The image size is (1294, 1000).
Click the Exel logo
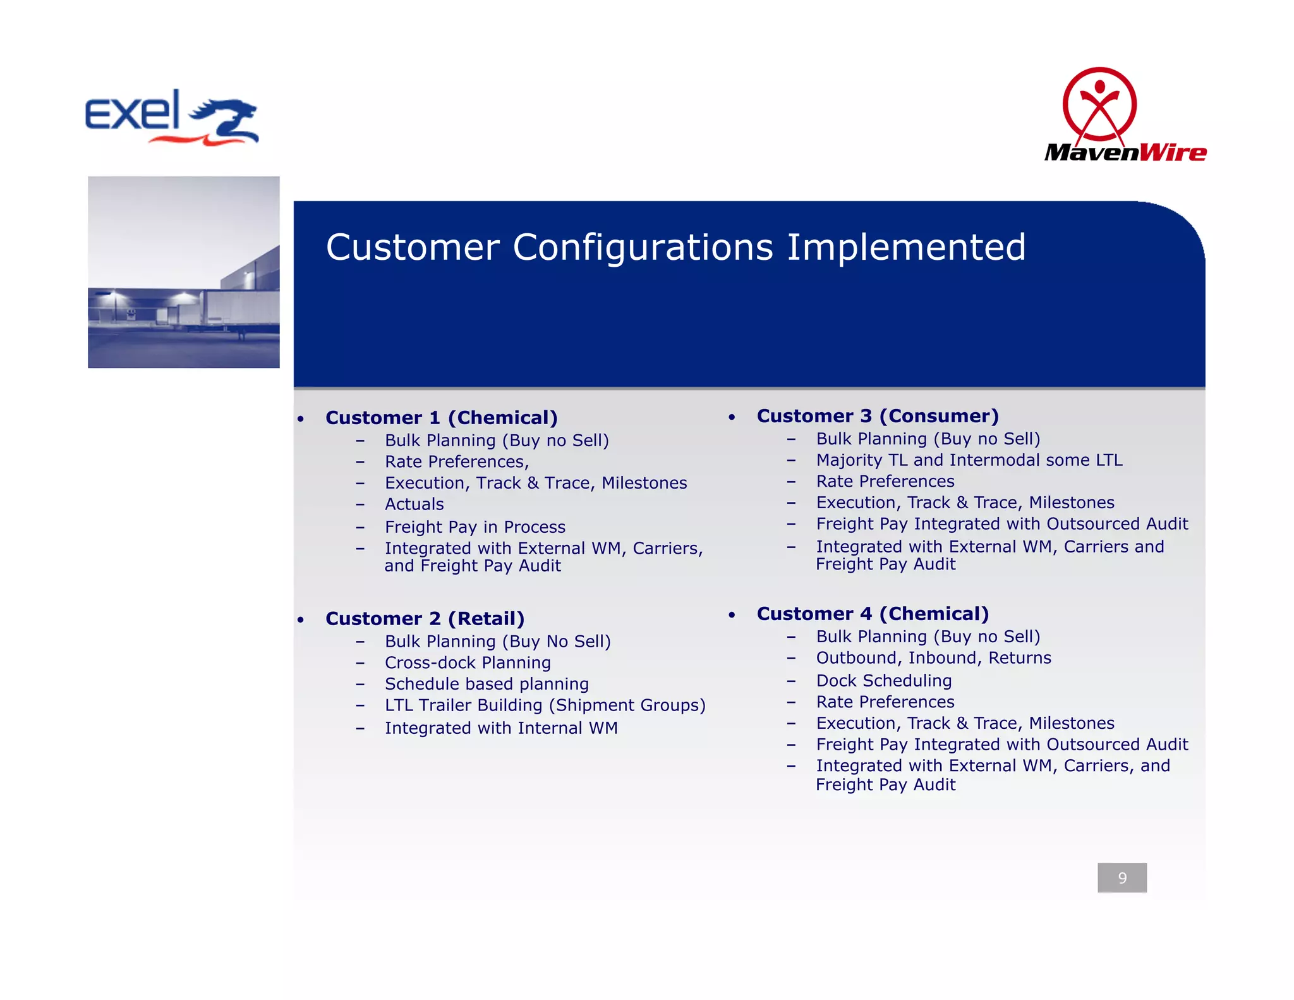(x=172, y=118)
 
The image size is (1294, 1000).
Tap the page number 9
(x=1122, y=877)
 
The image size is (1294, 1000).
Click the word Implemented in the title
(x=906, y=247)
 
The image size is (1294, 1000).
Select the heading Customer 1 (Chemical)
(x=441, y=418)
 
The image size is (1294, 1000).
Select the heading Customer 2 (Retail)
(x=425, y=618)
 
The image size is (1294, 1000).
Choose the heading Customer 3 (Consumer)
(x=877, y=416)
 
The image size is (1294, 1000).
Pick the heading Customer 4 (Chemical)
(x=872, y=614)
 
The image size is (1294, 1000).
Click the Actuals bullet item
(x=414, y=504)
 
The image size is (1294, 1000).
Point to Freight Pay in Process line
(x=475, y=527)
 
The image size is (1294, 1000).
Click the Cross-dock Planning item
(x=468, y=662)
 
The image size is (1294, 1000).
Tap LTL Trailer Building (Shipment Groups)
(x=545, y=705)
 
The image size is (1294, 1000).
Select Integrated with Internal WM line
(x=501, y=728)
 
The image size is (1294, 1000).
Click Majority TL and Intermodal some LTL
(x=969, y=460)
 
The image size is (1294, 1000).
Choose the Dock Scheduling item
(x=883, y=681)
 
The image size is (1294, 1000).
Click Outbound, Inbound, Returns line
(x=933, y=658)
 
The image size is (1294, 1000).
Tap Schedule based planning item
(x=487, y=684)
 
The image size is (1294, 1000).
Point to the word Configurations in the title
(x=643, y=247)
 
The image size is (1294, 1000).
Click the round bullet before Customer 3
(x=732, y=418)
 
